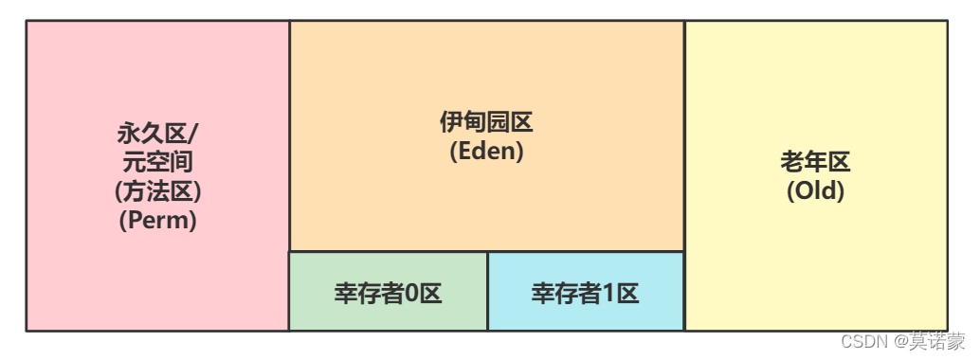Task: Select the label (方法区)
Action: pos(158,190)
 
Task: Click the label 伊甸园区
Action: pos(487,122)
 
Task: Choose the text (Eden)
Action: pos(487,152)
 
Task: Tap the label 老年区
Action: pos(816,161)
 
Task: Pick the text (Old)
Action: pos(816,190)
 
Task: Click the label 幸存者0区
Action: pos(389,293)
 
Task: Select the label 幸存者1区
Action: pos(586,293)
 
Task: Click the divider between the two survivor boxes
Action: pos(487,291)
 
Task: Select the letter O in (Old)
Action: pos(802,190)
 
